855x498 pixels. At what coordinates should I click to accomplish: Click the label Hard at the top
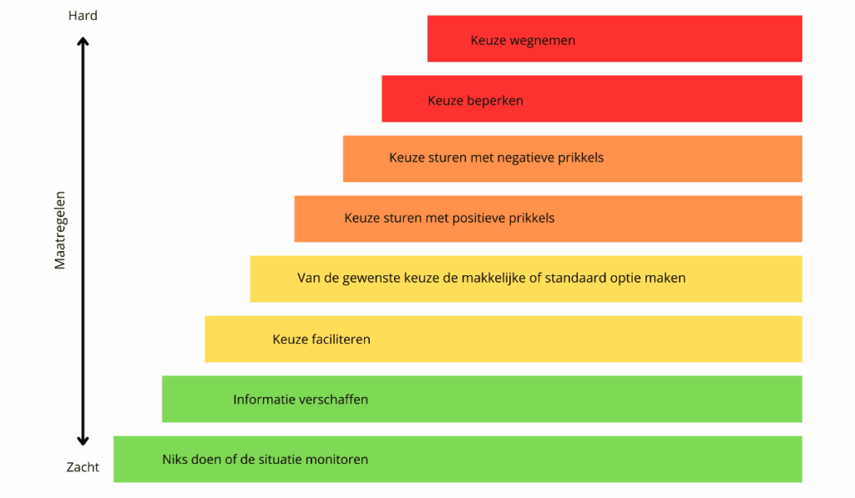coord(83,16)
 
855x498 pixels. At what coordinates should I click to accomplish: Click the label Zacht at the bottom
coord(83,467)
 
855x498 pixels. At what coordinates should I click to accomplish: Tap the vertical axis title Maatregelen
coord(60,230)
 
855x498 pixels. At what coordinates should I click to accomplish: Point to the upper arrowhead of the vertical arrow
coord(83,42)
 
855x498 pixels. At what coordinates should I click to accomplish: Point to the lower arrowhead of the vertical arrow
coord(83,440)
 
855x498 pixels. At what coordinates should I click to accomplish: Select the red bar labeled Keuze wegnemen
coord(615,38)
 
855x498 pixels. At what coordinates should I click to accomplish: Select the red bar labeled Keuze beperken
coord(592,98)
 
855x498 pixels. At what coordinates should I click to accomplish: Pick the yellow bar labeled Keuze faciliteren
coord(503,339)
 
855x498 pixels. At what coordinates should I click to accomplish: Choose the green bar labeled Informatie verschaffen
coord(482,399)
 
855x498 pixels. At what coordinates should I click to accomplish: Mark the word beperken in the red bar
coord(497,101)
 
